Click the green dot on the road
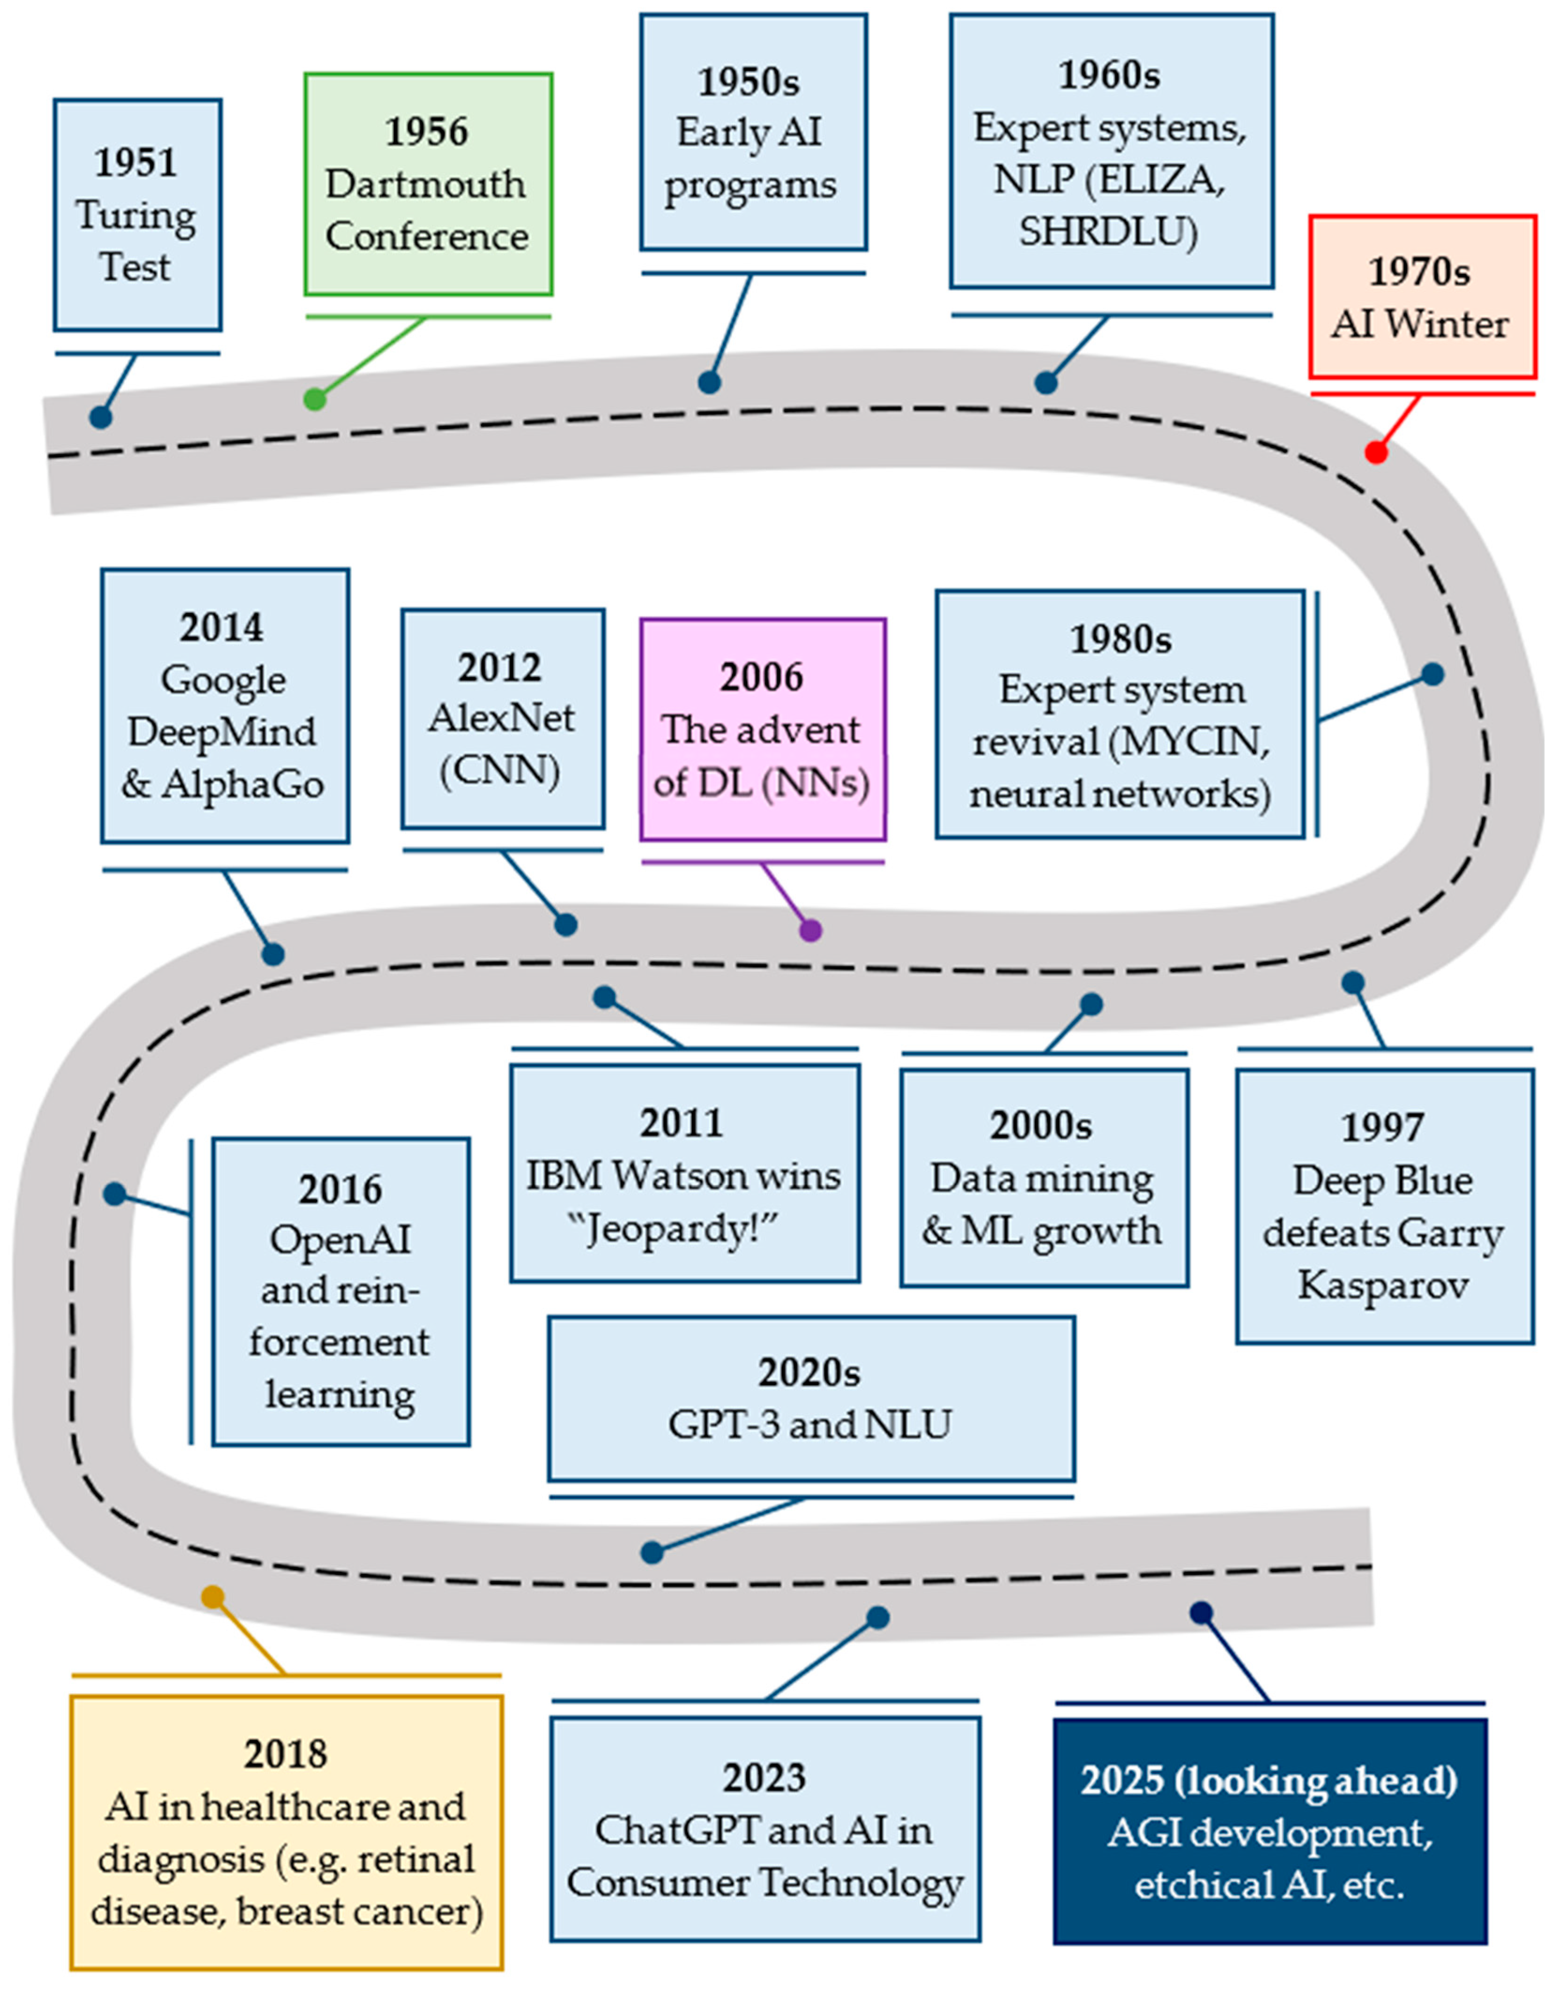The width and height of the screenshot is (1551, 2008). [314, 399]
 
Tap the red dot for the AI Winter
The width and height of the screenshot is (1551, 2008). [1375, 452]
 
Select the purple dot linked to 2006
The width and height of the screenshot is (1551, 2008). [810, 930]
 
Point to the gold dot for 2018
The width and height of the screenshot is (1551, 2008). [212, 1597]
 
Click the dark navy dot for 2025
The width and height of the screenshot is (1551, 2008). [1201, 1613]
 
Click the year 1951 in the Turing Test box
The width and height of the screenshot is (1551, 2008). [135, 163]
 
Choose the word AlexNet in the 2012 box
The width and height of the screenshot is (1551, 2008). [501, 718]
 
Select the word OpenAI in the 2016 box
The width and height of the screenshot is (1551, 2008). [340, 1240]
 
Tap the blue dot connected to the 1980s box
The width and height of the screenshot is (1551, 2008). [1432, 674]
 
